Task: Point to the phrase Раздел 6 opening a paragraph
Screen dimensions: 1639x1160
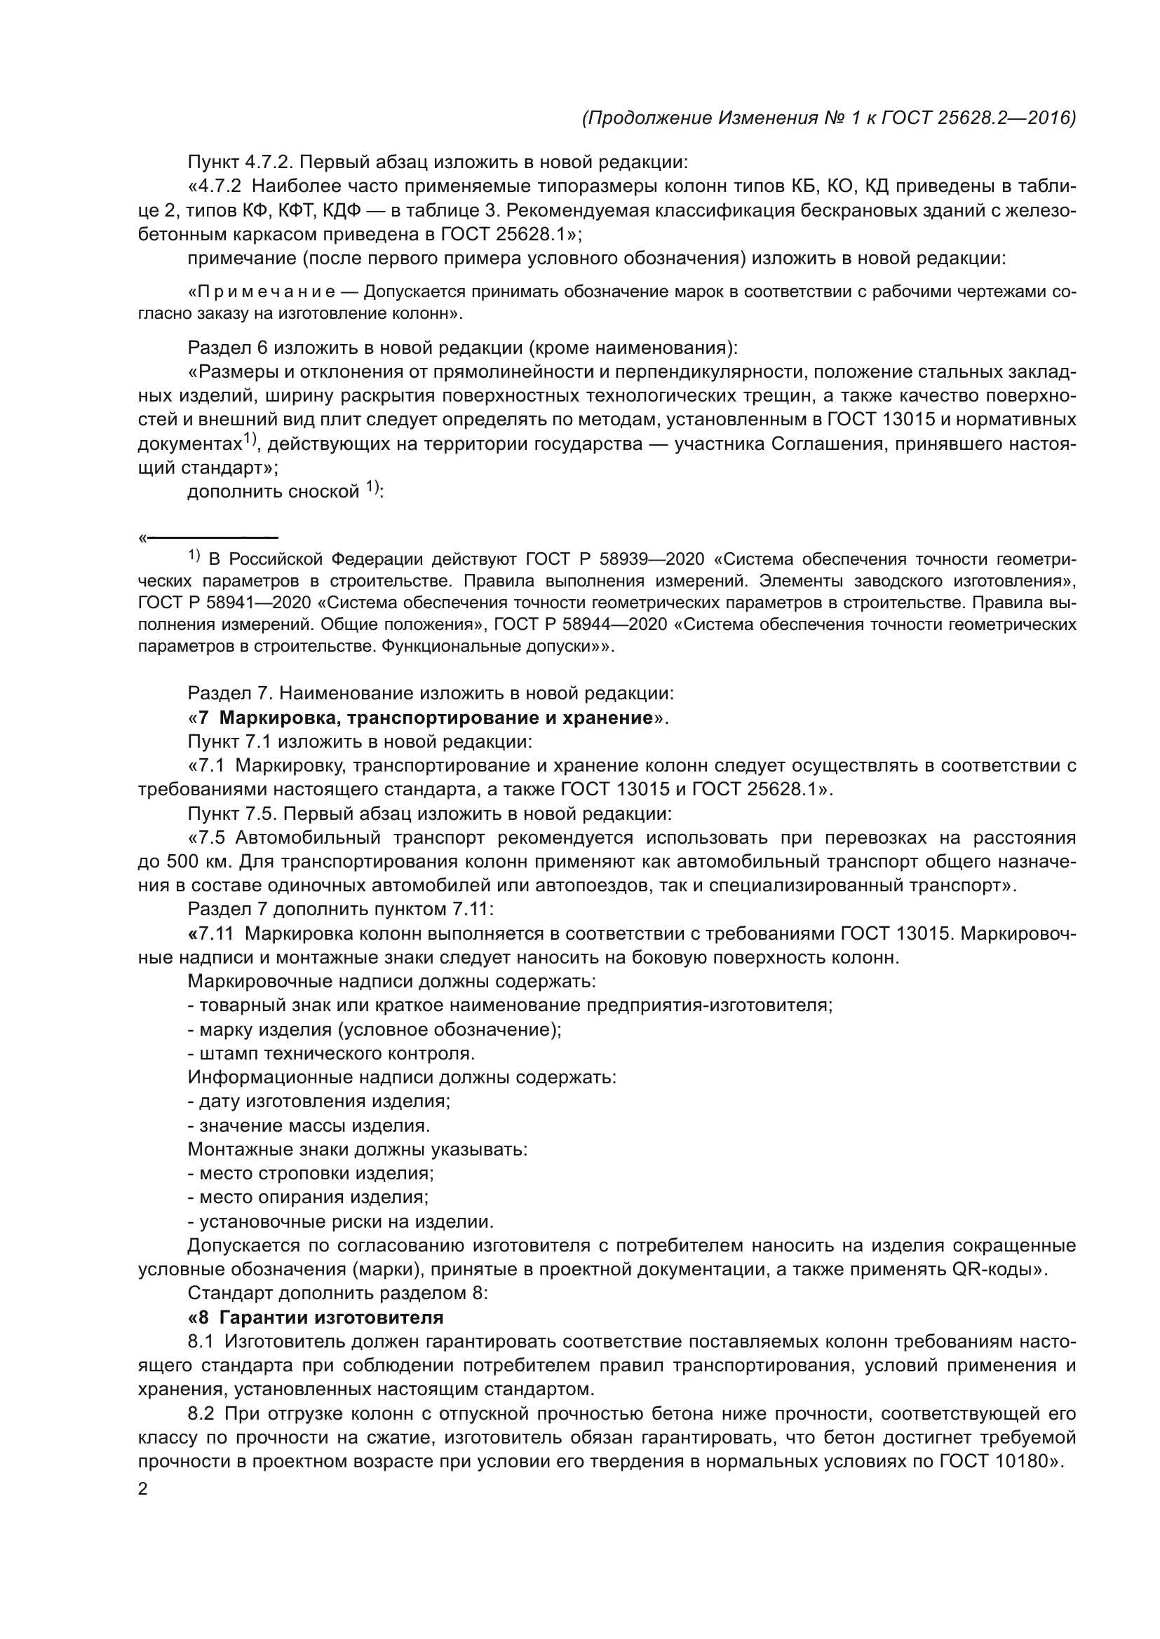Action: (228, 348)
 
